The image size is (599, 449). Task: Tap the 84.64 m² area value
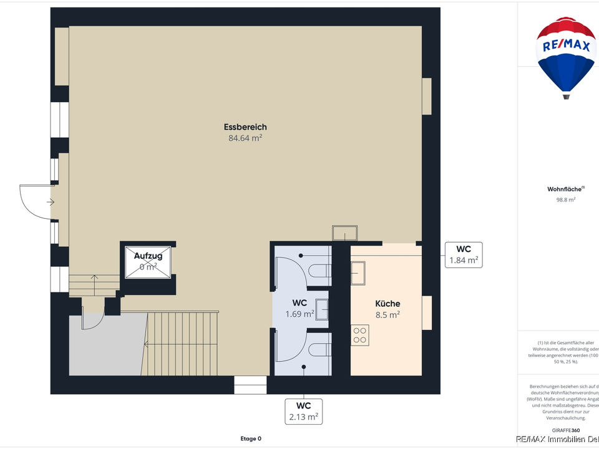(x=245, y=138)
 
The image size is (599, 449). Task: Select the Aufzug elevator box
(x=149, y=261)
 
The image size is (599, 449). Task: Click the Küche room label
(x=387, y=304)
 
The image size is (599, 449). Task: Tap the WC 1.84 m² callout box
(x=463, y=254)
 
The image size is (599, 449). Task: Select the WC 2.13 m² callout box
(x=304, y=410)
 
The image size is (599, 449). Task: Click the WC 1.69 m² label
(x=299, y=309)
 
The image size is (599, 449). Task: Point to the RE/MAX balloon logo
(x=566, y=56)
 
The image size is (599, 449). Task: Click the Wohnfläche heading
(x=565, y=189)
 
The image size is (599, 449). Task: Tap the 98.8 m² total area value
(x=565, y=200)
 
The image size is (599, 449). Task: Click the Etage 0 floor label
(x=251, y=438)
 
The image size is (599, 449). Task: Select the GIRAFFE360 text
(x=567, y=430)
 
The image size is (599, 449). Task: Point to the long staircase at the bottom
(x=183, y=344)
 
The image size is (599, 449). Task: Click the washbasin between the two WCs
(x=322, y=309)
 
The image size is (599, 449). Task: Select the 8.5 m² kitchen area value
(x=387, y=315)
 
